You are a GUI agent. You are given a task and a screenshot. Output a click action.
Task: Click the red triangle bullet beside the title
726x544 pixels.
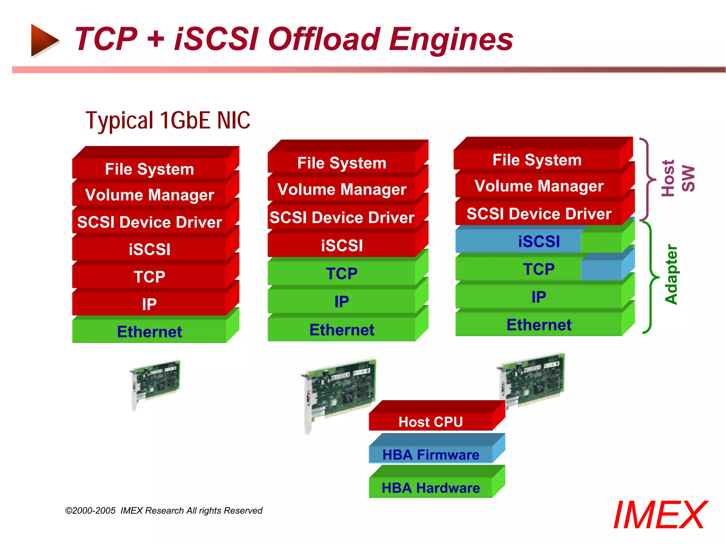pos(44,40)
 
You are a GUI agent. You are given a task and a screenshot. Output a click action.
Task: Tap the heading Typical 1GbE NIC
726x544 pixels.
pos(168,120)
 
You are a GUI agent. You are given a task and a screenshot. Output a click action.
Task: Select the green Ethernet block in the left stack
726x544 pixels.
pos(149,331)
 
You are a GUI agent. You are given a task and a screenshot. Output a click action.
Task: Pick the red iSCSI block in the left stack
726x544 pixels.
pos(149,249)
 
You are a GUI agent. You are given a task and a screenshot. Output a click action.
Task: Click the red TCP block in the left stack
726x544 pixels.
pos(149,277)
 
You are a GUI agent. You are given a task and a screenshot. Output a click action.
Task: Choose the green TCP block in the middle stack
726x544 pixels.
pos(341,273)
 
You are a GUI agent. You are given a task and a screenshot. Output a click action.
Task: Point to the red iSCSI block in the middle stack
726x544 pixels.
pos(341,245)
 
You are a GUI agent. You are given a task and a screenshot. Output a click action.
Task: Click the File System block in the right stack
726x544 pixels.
pos(537,160)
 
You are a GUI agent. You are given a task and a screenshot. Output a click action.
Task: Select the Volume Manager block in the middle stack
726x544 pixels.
pos(341,189)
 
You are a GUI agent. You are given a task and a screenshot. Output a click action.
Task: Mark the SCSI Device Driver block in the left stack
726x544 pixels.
pos(149,222)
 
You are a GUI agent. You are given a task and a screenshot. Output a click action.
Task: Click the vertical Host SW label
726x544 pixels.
pos(677,178)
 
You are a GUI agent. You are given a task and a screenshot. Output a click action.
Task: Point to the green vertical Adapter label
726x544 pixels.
pos(671,274)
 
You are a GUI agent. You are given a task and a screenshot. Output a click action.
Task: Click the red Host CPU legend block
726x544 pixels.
pos(430,422)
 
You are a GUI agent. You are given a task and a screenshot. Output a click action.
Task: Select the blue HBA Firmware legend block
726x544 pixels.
pos(430,454)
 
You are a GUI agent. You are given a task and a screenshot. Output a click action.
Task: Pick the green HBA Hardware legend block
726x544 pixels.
pos(430,488)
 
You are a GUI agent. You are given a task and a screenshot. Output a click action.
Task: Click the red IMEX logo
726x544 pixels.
pos(660,515)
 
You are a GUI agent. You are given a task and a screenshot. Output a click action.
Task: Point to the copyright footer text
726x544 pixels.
pos(164,511)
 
